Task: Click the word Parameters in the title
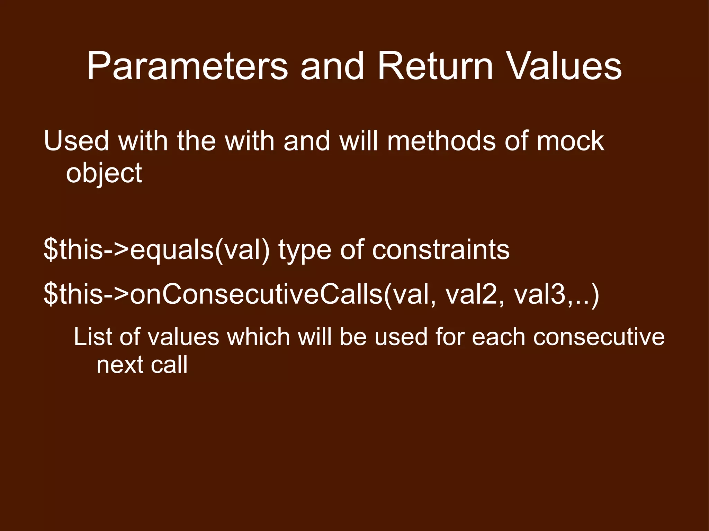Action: pyautogui.click(x=187, y=66)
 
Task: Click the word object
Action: pyautogui.click(x=104, y=173)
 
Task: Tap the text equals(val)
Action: pyautogui.click(x=199, y=250)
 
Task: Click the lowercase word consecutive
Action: pyautogui.click(x=599, y=337)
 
